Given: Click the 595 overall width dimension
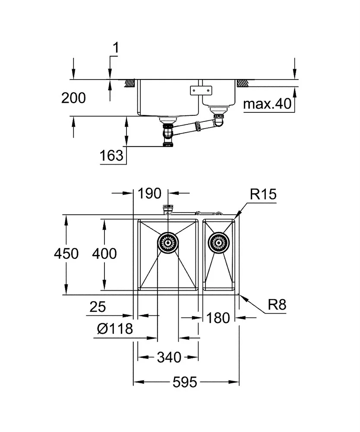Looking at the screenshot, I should pos(186,382).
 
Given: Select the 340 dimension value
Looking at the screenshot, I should pos(169,357).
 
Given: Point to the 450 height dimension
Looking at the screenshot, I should pos(66,253).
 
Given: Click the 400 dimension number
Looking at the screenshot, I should pos(104,253).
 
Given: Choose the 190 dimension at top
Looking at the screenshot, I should pos(150,193).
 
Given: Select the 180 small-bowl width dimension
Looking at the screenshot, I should pos(218,318).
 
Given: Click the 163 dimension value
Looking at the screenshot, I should pos(111,156).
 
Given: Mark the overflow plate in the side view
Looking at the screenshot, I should pos(202,90).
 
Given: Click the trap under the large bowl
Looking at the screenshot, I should pos(168,135).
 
